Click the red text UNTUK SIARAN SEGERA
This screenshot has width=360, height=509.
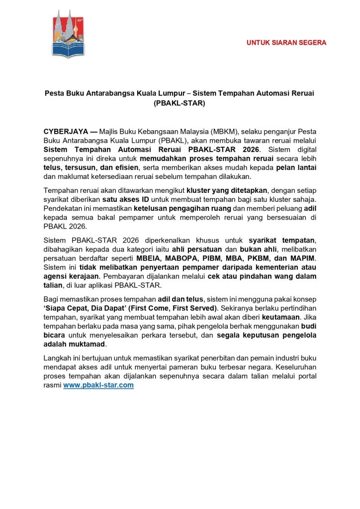pos(286,43)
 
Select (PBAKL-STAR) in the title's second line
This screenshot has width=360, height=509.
pos(180,103)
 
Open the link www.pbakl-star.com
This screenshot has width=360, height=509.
pos(98,385)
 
